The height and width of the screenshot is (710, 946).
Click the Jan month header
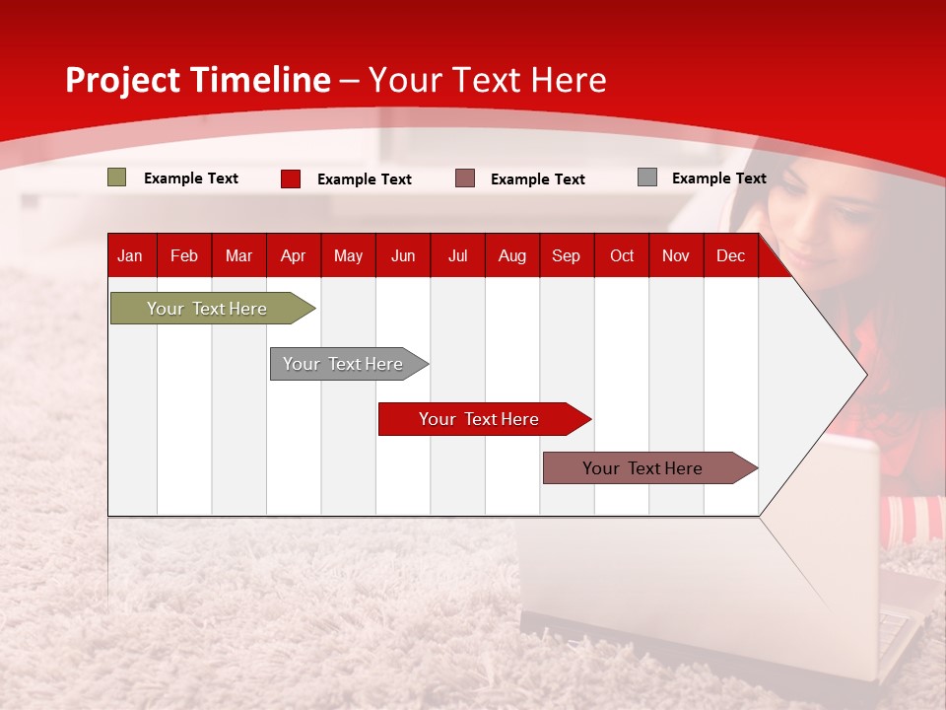point(130,256)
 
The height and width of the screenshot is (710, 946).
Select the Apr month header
point(294,256)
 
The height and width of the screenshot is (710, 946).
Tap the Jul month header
point(458,256)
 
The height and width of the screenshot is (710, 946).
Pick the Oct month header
point(622,256)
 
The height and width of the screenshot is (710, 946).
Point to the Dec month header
point(730,256)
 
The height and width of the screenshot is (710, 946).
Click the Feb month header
point(184,256)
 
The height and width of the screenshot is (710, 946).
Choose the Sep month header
point(566,256)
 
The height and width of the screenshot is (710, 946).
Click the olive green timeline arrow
point(213,308)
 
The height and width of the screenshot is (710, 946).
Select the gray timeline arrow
point(349,364)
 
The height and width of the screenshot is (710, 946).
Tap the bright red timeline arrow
point(485,419)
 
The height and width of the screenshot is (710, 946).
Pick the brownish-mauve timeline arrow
point(650,467)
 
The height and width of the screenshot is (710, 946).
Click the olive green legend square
point(116,177)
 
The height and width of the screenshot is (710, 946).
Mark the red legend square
point(291,178)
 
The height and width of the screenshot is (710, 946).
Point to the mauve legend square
point(465,178)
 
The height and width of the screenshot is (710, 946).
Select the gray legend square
point(647,177)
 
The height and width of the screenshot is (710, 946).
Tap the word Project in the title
point(122,80)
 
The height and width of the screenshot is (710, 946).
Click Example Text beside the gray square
point(719,178)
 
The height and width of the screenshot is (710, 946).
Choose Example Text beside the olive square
point(190,178)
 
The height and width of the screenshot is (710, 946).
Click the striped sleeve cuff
point(912,521)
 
